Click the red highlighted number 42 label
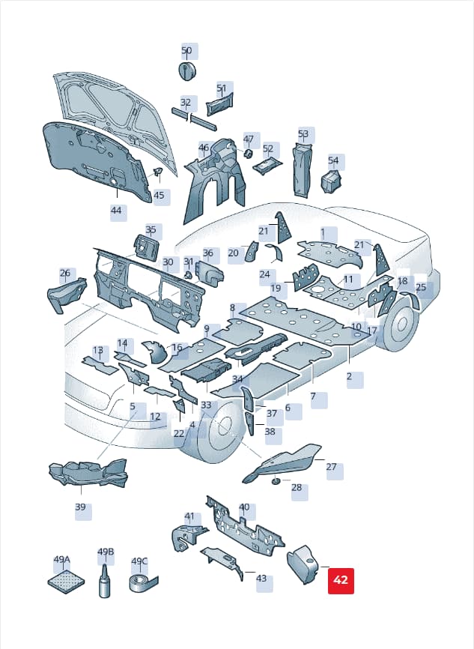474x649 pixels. [341, 581]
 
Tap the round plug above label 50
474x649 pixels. [188, 70]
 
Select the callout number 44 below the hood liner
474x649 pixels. [116, 211]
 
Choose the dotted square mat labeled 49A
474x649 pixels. [66, 582]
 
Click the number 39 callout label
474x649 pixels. [80, 507]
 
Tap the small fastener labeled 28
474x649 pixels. [276, 481]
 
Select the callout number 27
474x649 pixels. [331, 467]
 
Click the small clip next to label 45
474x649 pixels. [158, 172]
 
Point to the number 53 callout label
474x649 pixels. [303, 134]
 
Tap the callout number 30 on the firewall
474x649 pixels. [168, 262]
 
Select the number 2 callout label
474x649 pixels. [349, 376]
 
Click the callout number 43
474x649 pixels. [261, 579]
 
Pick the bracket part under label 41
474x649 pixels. [187, 537]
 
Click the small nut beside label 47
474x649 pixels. [248, 153]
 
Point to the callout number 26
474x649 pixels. [65, 273]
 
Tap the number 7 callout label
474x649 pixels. [313, 396]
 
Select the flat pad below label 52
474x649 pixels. [267, 166]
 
